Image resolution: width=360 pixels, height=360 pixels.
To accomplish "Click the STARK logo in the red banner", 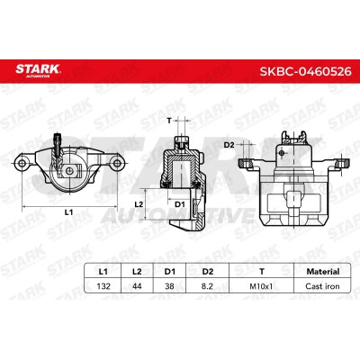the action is (38, 71).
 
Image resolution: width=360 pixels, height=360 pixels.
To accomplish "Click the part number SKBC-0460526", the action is (305, 71).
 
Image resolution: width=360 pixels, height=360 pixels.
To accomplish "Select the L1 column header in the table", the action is (103, 272).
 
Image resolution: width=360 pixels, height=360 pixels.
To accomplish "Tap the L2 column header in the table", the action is (137, 272).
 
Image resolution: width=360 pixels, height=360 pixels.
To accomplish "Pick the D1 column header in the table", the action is (169, 272).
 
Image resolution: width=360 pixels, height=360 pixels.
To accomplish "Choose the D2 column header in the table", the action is (208, 272).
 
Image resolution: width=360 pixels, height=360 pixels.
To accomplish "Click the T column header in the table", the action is (262, 272).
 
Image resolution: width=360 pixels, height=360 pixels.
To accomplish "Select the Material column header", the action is (323, 272).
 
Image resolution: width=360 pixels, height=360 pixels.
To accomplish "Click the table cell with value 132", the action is (103, 286).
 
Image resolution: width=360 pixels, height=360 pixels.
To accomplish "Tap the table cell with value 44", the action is (137, 286).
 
